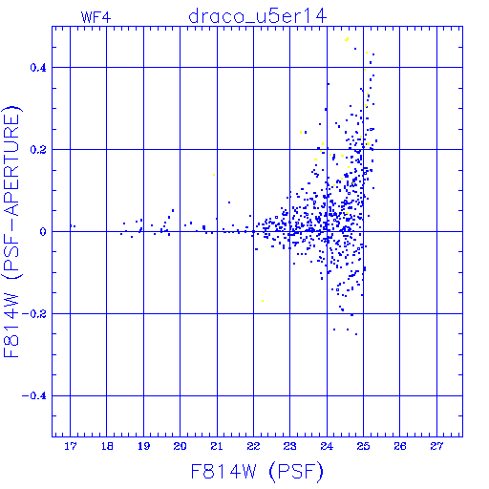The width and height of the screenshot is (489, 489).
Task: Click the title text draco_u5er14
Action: coord(257,16)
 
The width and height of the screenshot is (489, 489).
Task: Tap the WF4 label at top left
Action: coord(96,17)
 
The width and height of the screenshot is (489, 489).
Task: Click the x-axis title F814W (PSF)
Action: coord(257,472)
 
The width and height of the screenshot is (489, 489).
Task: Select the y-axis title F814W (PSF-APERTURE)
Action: coord(11,232)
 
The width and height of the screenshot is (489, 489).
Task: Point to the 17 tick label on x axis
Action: coord(71,446)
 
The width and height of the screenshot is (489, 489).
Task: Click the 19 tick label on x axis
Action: coord(143,446)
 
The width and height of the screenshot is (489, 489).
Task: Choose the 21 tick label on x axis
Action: coord(217,446)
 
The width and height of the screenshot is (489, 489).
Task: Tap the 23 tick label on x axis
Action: coord(290,446)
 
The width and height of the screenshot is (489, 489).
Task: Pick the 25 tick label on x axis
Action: coord(363,446)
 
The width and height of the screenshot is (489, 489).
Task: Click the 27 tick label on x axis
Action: coord(436,446)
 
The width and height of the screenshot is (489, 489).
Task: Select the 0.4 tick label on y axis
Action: coord(38,68)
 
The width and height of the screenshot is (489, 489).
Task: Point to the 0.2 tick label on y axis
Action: coord(38,150)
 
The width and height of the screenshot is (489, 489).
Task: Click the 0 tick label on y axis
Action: coord(43,232)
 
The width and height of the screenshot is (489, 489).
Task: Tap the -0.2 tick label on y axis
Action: coord(33,314)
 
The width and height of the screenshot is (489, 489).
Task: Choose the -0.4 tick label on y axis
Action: coord(33,396)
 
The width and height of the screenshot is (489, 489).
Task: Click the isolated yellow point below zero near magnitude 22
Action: coord(263,301)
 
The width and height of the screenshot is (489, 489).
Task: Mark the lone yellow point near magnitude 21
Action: coord(214,175)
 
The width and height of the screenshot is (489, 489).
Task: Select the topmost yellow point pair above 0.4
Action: coord(347,39)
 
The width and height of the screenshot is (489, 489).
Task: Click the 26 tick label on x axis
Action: coord(400,446)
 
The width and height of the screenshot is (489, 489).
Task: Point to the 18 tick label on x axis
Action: coord(107,446)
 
